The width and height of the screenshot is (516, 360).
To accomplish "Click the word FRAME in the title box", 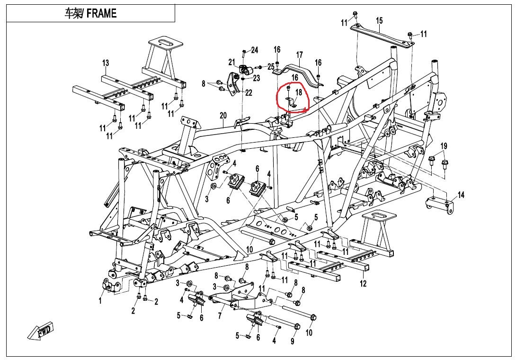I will coord(102,13).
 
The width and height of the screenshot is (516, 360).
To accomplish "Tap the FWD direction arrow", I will coord(41,331).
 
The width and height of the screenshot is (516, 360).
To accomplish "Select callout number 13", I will coord(106,63).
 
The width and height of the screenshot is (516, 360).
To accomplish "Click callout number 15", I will coord(379,20).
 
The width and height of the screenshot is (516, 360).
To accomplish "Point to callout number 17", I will coord(299,54).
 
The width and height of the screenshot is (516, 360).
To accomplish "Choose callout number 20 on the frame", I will coord(223,116).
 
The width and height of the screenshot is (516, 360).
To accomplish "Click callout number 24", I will coord(255,50).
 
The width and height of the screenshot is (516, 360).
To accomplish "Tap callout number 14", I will coord(461,195).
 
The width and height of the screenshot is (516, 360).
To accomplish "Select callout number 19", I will coord(444,145).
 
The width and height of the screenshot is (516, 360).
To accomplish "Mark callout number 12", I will coord(363,284).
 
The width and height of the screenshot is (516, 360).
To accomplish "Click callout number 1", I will coord(100,300).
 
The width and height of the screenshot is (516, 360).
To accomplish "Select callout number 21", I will coord(231,62).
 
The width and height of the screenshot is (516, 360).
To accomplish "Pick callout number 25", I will coord(271,67).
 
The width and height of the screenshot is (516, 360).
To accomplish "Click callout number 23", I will coord(257,78).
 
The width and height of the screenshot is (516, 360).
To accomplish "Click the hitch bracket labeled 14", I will coord(438,204).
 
